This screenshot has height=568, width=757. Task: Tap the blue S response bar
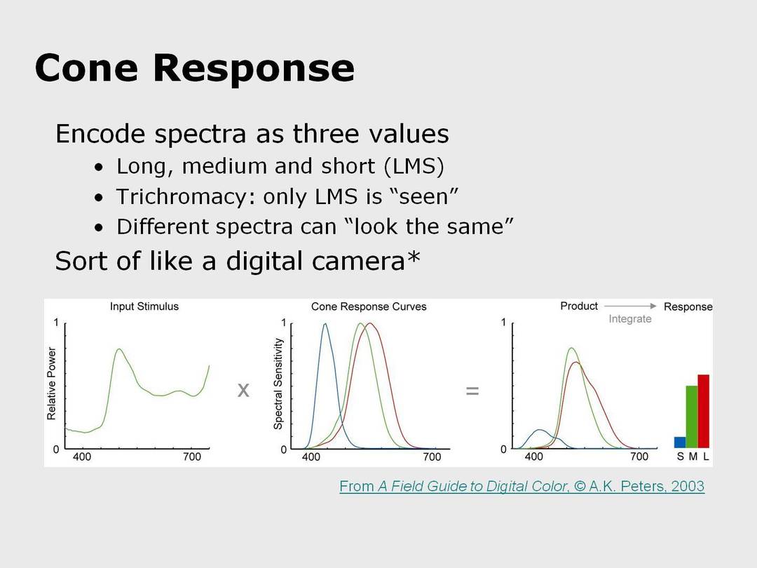tap(680, 442)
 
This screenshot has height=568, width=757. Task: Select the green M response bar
tap(692, 417)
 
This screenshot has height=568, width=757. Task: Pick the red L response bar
tap(704, 411)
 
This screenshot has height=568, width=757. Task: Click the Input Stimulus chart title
tap(144, 306)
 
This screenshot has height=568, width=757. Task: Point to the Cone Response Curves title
tap(369, 306)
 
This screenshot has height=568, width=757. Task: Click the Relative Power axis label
tap(51, 384)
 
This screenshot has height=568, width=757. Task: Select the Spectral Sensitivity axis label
tap(278, 384)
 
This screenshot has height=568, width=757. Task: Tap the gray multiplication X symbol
tap(243, 390)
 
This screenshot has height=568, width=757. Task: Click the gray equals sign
tap(472, 391)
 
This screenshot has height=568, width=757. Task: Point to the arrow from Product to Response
tap(630, 306)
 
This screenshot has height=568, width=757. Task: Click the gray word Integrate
tap(630, 319)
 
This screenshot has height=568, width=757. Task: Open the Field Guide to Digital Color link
tap(522, 486)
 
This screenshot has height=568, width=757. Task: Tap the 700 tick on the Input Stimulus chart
tap(191, 457)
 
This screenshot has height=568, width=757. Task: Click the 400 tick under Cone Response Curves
tap(311, 457)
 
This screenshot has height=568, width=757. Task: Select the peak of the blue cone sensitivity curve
tap(325, 323)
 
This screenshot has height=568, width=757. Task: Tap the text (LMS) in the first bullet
tap(414, 166)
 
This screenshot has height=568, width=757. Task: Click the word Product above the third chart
tap(579, 306)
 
